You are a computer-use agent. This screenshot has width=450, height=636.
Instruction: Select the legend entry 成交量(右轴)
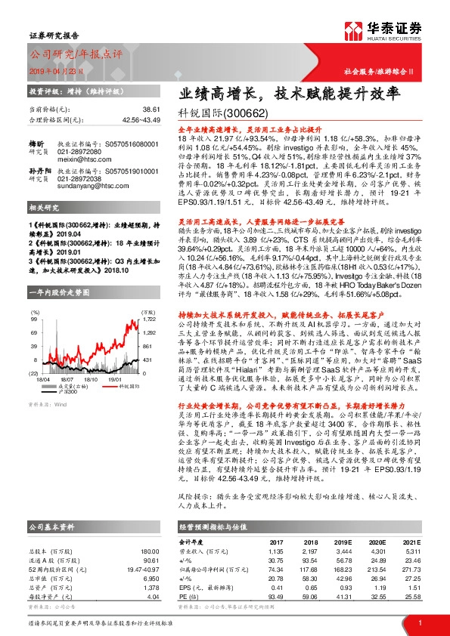73,365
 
